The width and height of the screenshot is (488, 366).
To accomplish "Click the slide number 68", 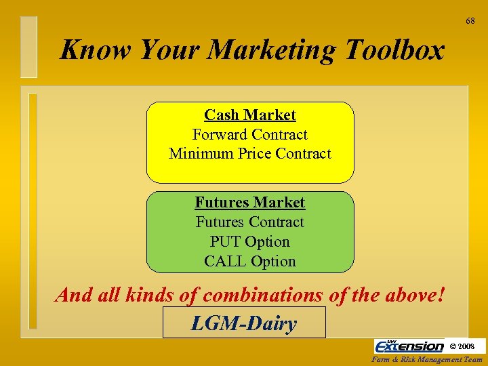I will [470, 22].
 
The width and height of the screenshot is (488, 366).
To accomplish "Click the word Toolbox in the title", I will [394, 50].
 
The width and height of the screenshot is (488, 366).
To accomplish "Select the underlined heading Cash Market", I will [250, 115].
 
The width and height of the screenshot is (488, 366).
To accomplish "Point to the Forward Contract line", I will [250, 134].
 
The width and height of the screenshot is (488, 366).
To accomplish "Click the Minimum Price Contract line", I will [250, 154].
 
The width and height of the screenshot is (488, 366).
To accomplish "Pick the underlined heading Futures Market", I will [250, 203].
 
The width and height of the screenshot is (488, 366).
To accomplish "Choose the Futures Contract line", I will [250, 222].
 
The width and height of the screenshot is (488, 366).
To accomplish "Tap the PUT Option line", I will [250, 242].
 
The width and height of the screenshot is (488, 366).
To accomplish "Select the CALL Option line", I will [250, 261].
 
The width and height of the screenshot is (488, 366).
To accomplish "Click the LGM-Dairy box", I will [244, 323].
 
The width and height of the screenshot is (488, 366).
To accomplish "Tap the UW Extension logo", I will [409, 346].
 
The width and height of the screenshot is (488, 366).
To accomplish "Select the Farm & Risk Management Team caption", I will [428, 359].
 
